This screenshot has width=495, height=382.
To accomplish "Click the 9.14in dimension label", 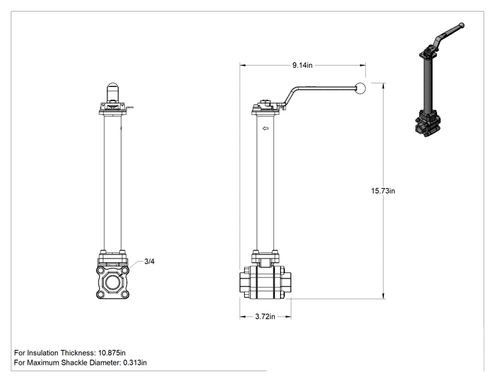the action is [302, 65].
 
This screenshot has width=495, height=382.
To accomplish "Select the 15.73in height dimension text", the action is [383, 191].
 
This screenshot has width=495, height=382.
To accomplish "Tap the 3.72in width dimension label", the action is [265, 316].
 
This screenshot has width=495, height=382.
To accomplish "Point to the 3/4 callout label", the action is [149, 261].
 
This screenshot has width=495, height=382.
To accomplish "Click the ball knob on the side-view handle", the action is [360, 88].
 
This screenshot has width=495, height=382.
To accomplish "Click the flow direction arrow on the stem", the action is [265, 128].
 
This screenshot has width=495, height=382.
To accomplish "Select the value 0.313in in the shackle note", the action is [135, 363].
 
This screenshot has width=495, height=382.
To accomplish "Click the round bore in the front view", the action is [112, 282].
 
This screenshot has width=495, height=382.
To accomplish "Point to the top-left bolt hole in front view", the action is [100, 270].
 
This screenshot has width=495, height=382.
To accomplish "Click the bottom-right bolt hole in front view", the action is [125, 295].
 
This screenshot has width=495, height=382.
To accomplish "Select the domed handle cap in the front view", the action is [112, 92].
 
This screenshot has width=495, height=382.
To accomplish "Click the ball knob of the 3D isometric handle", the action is [461, 25].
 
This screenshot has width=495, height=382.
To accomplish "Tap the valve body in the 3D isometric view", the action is [428, 123].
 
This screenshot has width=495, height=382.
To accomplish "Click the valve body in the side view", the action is [265, 282].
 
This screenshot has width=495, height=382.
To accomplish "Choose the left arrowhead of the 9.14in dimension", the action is [242, 65].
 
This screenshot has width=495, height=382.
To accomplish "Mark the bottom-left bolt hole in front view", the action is [100, 295].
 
